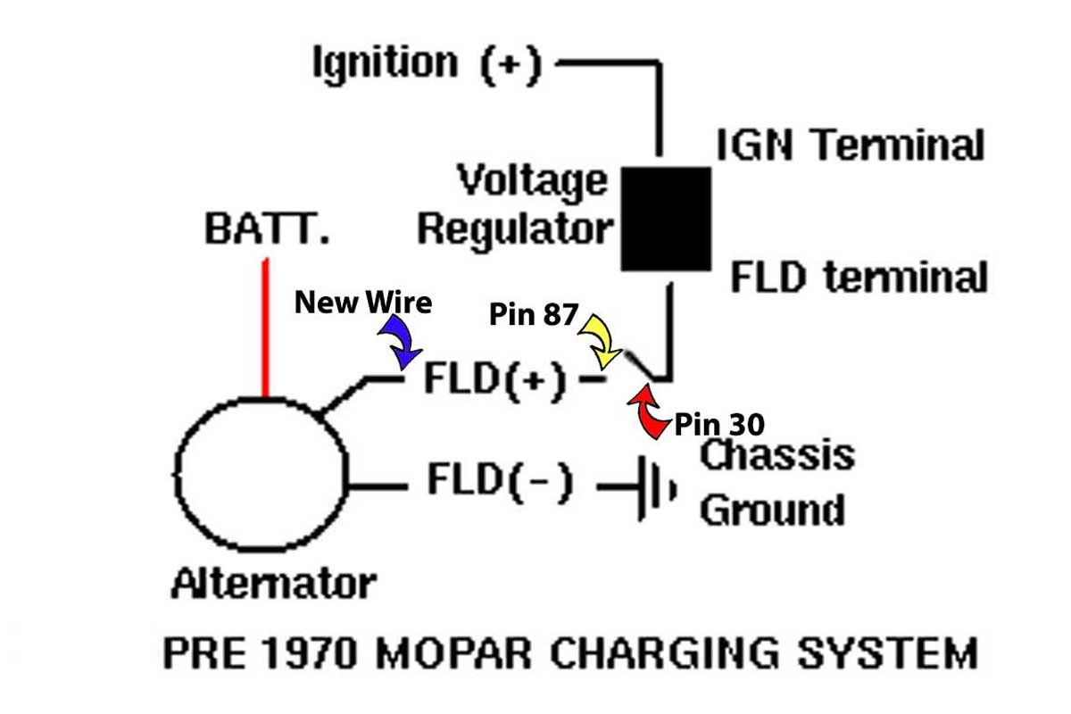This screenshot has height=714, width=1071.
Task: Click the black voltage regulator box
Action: pos(666,219)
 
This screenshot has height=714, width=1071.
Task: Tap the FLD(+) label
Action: pos(494,381)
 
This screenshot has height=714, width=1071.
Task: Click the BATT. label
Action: pos(267,229)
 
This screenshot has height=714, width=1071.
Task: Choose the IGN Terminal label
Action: pos(850,145)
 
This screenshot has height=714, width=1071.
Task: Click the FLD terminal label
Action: pos(859,278)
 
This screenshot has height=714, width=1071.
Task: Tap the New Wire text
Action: pos(363,303)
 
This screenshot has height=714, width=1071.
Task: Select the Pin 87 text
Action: pos(534,314)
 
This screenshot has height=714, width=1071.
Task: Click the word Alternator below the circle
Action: pos(273,585)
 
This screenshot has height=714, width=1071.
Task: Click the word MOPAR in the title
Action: pos(455,653)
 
